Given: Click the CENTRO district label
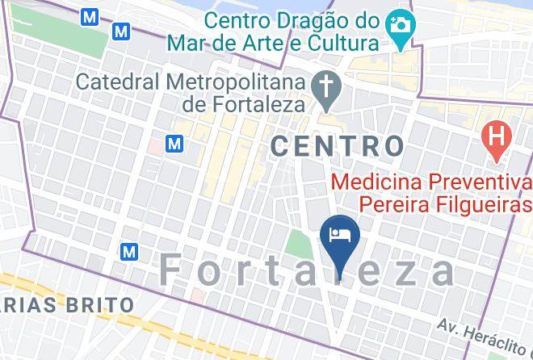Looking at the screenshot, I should [337, 145].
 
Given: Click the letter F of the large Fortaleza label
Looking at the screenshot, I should [172, 270].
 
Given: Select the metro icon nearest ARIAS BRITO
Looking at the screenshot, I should [129, 252].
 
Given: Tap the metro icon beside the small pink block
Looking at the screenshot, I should [174, 144].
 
